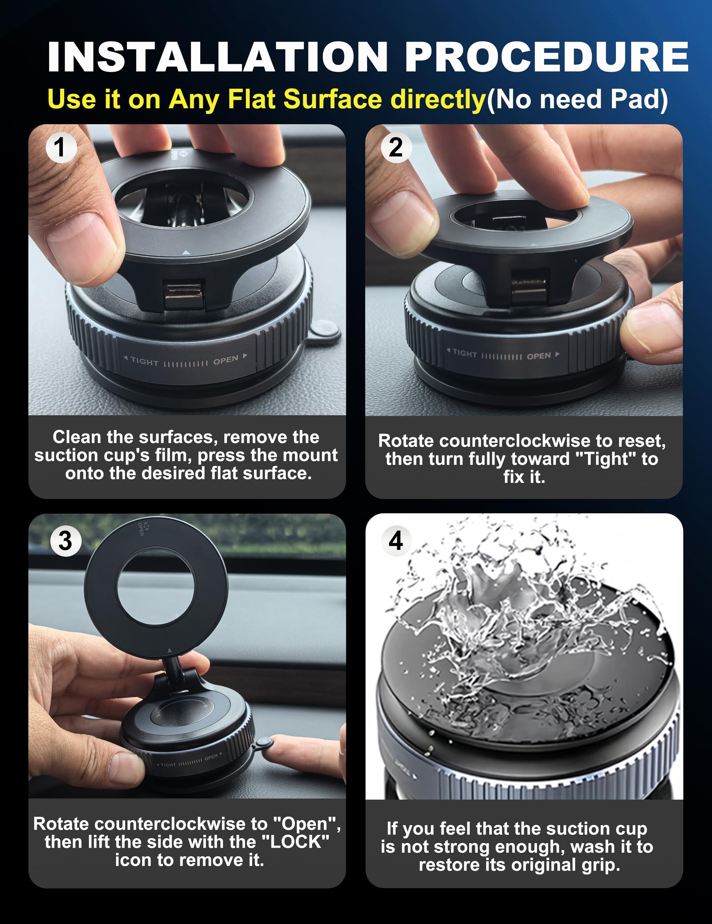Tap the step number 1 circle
pos(61,147)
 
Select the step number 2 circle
pos(396,147)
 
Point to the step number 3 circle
pos(66,541)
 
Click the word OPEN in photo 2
pos(539,356)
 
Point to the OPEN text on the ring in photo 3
pos(141,529)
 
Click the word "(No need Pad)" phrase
pos(577,99)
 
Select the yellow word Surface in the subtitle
pos(333,99)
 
